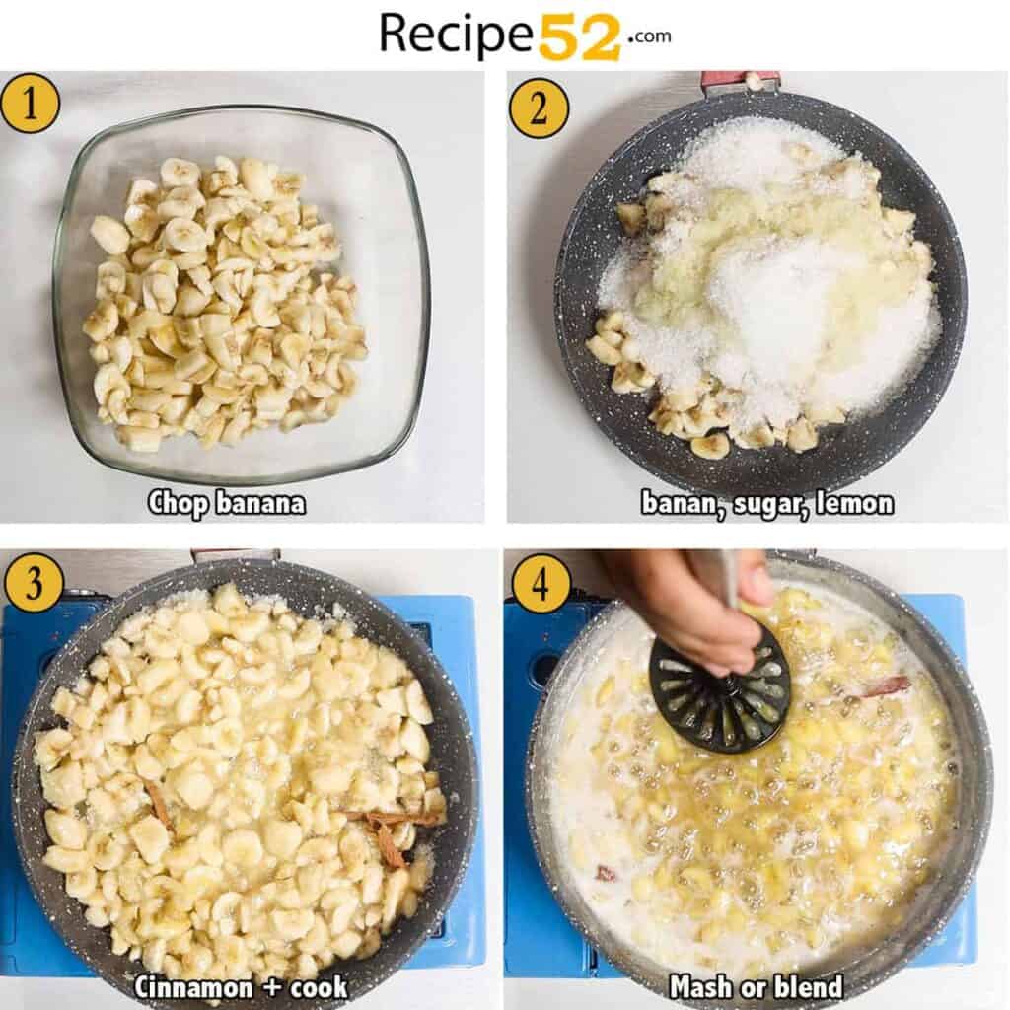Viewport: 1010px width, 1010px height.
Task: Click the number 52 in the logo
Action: pyautogui.click(x=579, y=36)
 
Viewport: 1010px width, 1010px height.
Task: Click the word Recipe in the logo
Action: pyautogui.click(x=458, y=35)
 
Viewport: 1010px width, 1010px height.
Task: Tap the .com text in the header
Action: pyautogui.click(x=648, y=36)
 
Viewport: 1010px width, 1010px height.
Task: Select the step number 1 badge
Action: pyautogui.click(x=30, y=103)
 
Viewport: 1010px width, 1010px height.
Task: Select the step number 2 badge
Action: pyautogui.click(x=539, y=108)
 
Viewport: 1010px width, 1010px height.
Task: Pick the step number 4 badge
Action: pyautogui.click(x=541, y=582)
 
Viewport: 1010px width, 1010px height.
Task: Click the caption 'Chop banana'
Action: pyautogui.click(x=227, y=503)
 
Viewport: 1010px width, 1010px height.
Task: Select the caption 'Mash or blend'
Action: pyautogui.click(x=757, y=986)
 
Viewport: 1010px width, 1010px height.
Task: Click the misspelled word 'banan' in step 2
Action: pyautogui.click(x=677, y=503)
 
